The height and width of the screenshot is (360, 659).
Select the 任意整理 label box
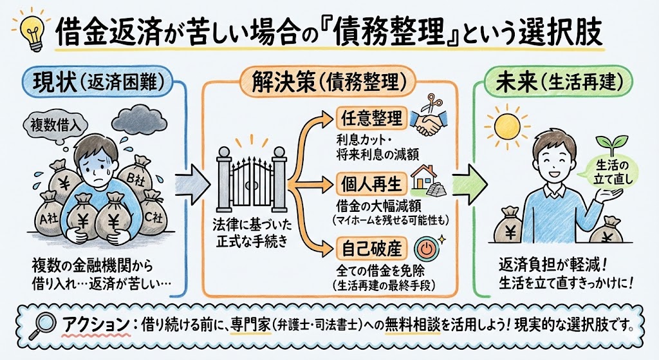tap(369, 118)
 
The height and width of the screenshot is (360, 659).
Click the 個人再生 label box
tap(369, 185)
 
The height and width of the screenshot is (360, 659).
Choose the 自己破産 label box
tap(369, 248)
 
